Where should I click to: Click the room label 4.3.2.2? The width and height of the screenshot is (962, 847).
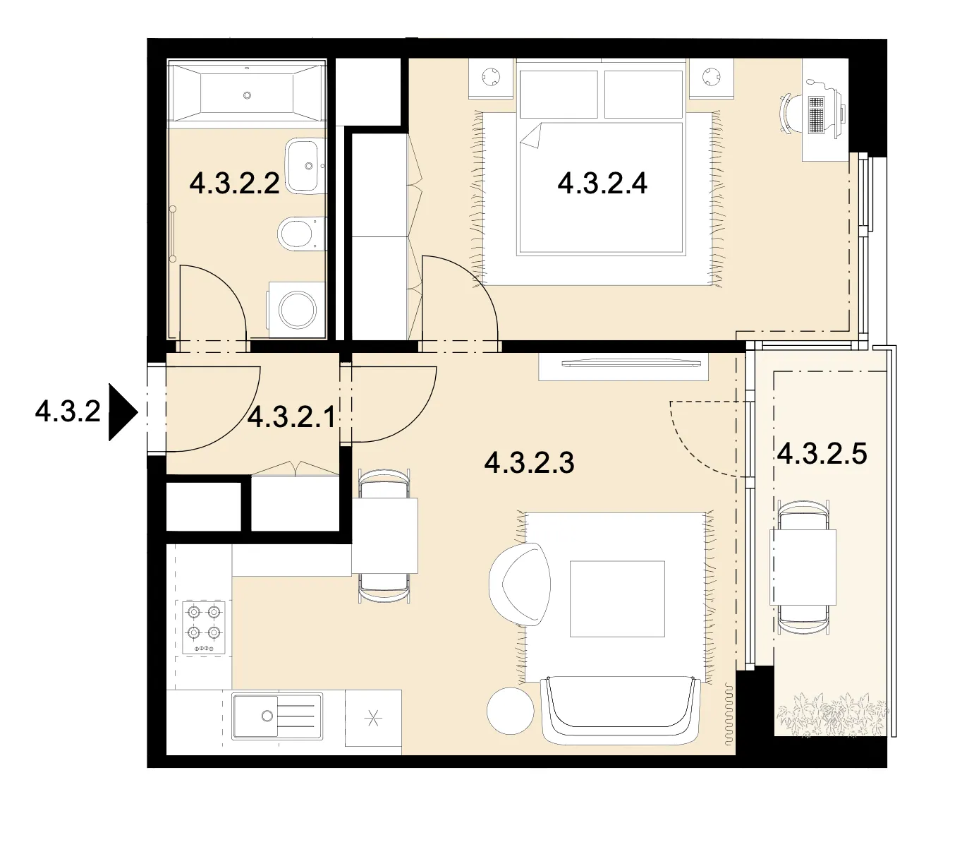(234, 184)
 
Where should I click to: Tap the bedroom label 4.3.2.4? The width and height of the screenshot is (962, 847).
(602, 184)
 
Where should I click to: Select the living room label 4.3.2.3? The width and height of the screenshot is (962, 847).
(529, 462)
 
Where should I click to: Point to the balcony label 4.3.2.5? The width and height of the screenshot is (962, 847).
(822, 453)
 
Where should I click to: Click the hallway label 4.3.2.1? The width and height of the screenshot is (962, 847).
(291, 417)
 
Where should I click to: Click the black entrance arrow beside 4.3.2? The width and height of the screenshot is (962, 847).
(123, 412)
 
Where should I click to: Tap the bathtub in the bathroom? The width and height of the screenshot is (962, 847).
(247, 94)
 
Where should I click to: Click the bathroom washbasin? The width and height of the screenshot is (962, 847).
(305, 165)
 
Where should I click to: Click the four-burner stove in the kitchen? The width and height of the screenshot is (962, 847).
(204, 627)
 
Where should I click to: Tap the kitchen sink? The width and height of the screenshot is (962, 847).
(277, 716)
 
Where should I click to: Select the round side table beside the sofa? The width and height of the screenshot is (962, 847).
(511, 711)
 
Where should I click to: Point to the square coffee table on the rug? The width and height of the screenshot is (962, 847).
(617, 599)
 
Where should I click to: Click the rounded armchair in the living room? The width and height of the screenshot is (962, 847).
(520, 584)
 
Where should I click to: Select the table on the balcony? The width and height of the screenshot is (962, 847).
(803, 567)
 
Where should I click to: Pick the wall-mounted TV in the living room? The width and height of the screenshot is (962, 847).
(631, 364)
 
